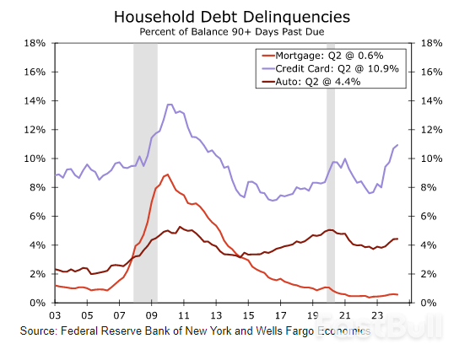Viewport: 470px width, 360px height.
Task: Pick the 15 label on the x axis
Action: [x=249, y=315]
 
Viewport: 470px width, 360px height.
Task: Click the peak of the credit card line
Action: [x=170, y=105]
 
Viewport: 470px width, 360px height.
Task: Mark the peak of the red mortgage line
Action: [x=167, y=175]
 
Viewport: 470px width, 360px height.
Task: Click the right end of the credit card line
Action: [x=397, y=145]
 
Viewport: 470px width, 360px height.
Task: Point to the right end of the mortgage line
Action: [x=397, y=294]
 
